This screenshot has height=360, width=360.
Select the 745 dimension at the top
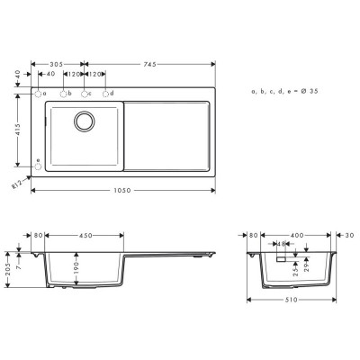148,64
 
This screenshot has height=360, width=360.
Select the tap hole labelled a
39,94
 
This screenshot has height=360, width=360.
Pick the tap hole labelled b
63,94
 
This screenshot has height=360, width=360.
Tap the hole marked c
84,94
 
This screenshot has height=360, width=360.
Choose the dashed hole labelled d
105,94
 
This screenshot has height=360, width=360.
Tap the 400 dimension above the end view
296,236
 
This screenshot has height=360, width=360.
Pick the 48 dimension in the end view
282,244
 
